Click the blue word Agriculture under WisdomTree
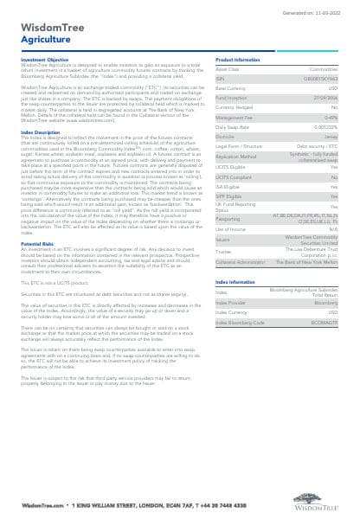pyautogui.click(x=36, y=40)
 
